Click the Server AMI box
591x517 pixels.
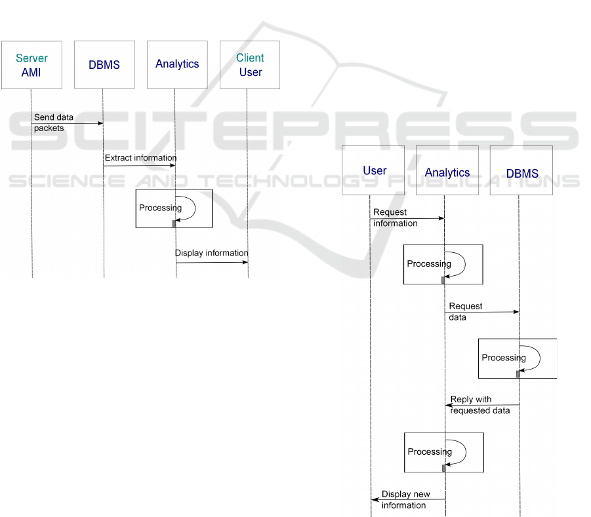coord(31,65)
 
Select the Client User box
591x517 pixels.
coord(250,65)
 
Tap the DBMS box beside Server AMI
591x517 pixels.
coord(104,65)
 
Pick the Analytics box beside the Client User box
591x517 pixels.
coord(177,65)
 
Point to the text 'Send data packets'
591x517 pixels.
coord(53,123)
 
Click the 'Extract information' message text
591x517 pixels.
coord(140,158)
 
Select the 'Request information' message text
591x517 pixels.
coord(395,218)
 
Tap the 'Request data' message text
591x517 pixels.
coord(465,311)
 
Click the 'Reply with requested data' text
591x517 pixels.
coord(479,405)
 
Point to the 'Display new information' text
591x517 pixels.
coord(405,499)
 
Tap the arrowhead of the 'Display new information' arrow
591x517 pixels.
coord(375,500)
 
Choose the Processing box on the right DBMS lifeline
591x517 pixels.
coord(517,358)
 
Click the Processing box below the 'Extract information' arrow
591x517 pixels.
coord(174,208)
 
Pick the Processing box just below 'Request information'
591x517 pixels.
coord(443,264)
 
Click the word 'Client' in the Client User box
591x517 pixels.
coord(250,58)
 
